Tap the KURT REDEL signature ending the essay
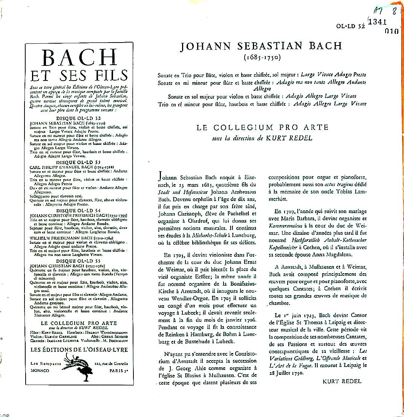point(342,381)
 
